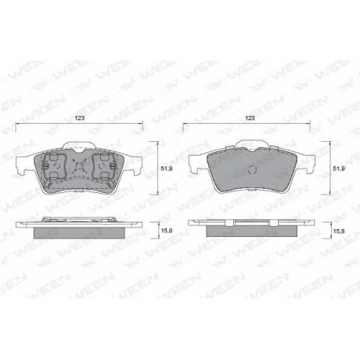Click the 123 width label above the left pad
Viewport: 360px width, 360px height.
click(x=79, y=118)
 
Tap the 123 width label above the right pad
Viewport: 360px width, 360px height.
click(x=250, y=118)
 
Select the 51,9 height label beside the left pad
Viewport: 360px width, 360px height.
click(x=166, y=168)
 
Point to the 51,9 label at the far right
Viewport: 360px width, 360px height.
click(x=339, y=168)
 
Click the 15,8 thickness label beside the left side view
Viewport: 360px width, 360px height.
click(x=166, y=231)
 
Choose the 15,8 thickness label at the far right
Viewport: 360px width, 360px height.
click(x=339, y=231)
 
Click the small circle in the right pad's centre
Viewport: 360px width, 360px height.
click(x=252, y=170)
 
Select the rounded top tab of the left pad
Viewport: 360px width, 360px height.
click(x=78, y=145)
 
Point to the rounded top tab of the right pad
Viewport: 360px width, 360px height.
click(x=252, y=144)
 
